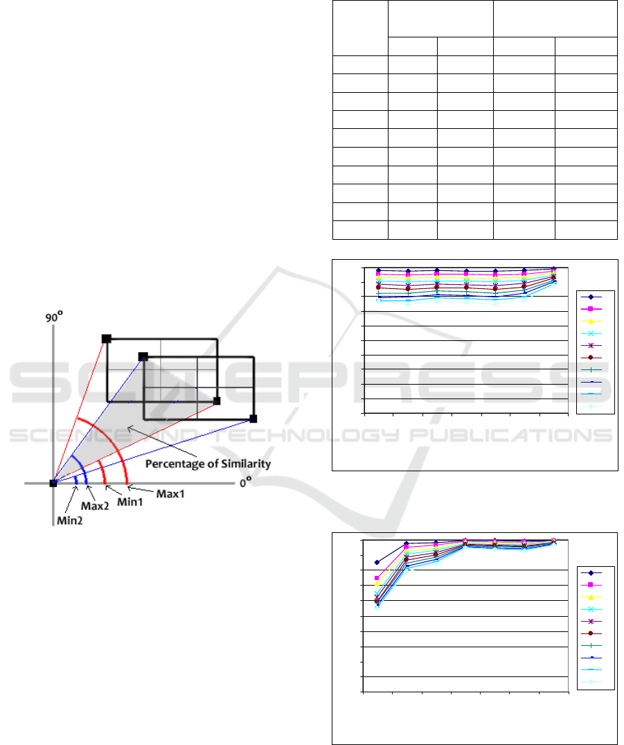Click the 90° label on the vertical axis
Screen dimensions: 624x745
(x=54, y=317)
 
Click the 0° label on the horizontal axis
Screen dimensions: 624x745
(x=246, y=483)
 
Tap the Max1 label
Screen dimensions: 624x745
(x=170, y=494)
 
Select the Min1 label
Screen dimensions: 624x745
(x=130, y=502)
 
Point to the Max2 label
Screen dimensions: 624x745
(x=95, y=507)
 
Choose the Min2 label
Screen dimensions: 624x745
(x=70, y=520)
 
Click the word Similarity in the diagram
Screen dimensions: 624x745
(x=246, y=464)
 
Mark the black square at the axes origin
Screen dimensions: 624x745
(x=53, y=483)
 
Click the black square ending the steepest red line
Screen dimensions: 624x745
(x=107, y=339)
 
